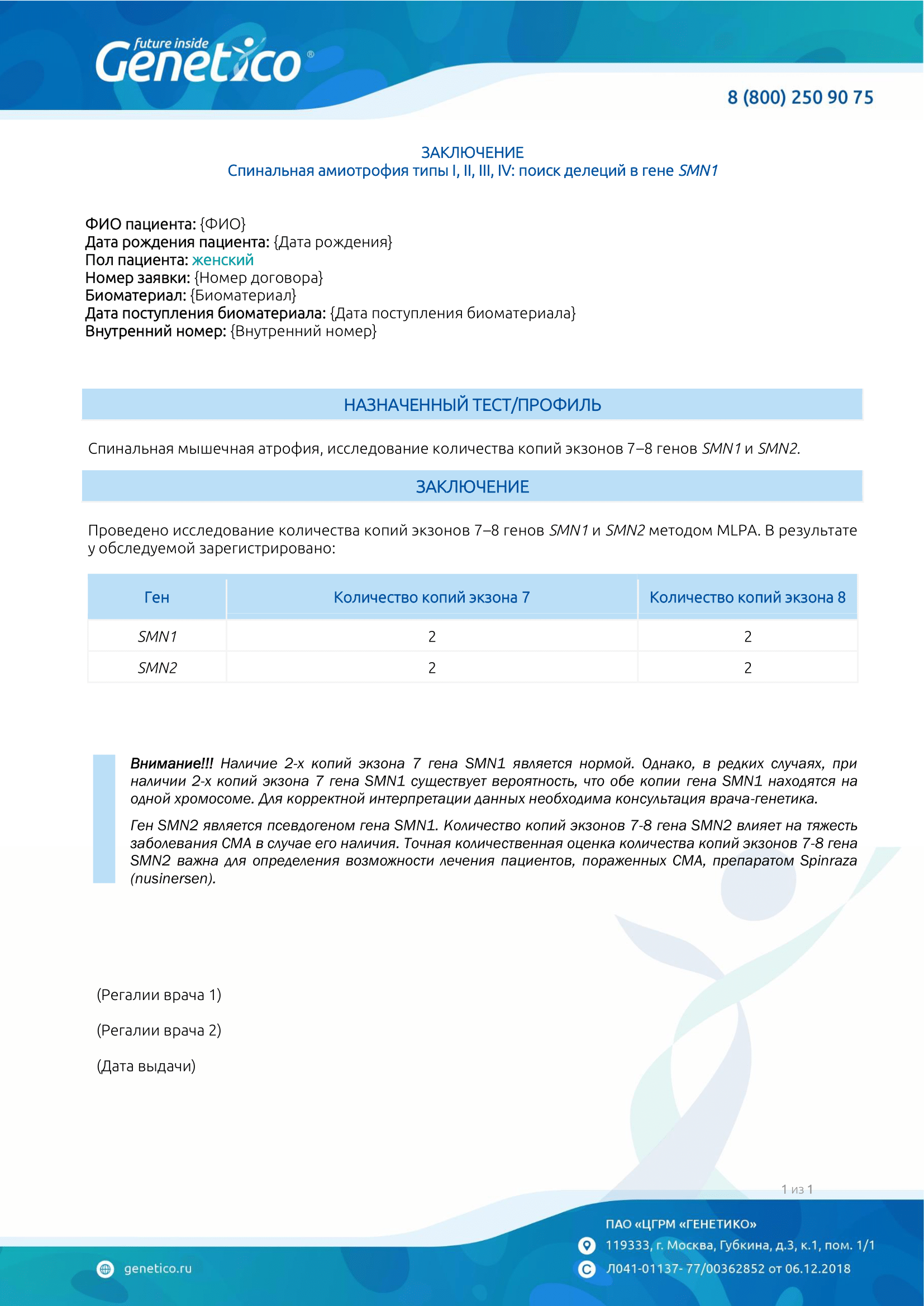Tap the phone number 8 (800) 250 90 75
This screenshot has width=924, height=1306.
[799, 97]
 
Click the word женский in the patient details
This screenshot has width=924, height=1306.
[222, 260]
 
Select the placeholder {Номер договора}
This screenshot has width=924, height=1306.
[258, 278]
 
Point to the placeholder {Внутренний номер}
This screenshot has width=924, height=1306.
[303, 331]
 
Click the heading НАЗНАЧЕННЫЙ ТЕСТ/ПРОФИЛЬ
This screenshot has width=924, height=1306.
[471, 405]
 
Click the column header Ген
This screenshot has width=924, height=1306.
[156, 597]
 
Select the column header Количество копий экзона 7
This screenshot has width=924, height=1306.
[431, 597]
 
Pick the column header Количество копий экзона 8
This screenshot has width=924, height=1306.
[747, 597]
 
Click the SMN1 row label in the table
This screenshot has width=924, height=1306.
[157, 637]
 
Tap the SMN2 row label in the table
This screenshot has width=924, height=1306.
[157, 668]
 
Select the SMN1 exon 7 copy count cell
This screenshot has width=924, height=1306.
[432, 637]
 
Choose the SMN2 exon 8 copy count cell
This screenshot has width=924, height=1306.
[747, 668]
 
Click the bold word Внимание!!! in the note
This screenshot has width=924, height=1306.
[172, 763]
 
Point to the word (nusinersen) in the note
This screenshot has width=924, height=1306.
[173, 879]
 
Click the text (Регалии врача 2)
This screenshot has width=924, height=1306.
[159, 1030]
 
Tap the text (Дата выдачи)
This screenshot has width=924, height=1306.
[146, 1066]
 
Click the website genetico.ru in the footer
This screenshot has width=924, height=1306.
[158, 1269]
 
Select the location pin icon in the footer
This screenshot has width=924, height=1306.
[586, 1245]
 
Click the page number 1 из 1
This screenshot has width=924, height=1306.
[797, 1189]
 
